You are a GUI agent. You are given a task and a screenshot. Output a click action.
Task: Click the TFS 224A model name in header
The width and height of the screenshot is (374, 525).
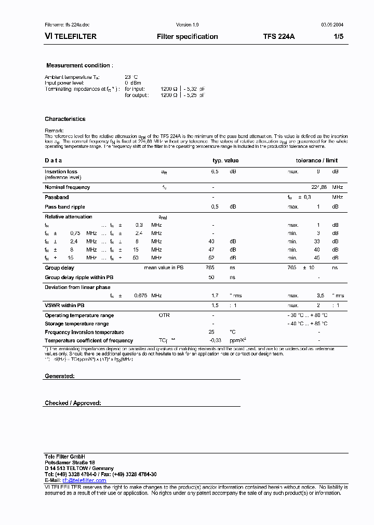click(x=279, y=37)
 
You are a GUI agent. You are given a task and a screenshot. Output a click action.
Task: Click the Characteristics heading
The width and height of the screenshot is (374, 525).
click(x=65, y=119)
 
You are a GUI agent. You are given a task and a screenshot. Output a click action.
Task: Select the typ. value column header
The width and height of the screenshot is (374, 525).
click(x=225, y=161)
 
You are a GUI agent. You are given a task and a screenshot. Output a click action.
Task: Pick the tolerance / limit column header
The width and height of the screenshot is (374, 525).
click(x=317, y=161)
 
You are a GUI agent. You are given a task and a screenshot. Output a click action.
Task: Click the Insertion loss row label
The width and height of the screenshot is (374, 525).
click(x=61, y=172)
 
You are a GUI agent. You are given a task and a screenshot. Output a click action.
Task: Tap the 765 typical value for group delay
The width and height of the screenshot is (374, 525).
click(x=210, y=268)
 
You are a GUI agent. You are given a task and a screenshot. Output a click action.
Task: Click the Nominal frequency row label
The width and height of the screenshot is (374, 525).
click(x=67, y=187)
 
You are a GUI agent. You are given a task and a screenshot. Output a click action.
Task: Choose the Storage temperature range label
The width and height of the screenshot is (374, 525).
click(x=76, y=324)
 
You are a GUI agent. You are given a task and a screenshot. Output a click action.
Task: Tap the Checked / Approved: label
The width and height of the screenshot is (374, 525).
click(x=73, y=403)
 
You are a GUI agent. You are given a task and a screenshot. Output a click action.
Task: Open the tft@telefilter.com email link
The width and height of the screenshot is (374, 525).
click(x=84, y=480)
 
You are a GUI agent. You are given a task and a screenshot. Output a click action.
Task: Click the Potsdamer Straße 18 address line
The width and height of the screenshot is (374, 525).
click(x=70, y=462)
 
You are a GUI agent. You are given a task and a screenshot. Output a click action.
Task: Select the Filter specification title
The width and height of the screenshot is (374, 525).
click(x=187, y=37)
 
